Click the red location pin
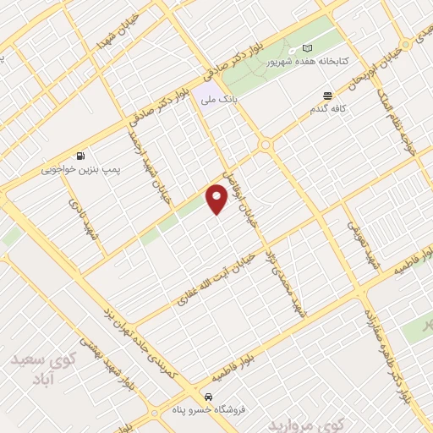click(217, 200)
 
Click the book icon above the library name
click(307, 47)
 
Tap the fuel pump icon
click(80, 156)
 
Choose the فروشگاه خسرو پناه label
click(206, 410)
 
